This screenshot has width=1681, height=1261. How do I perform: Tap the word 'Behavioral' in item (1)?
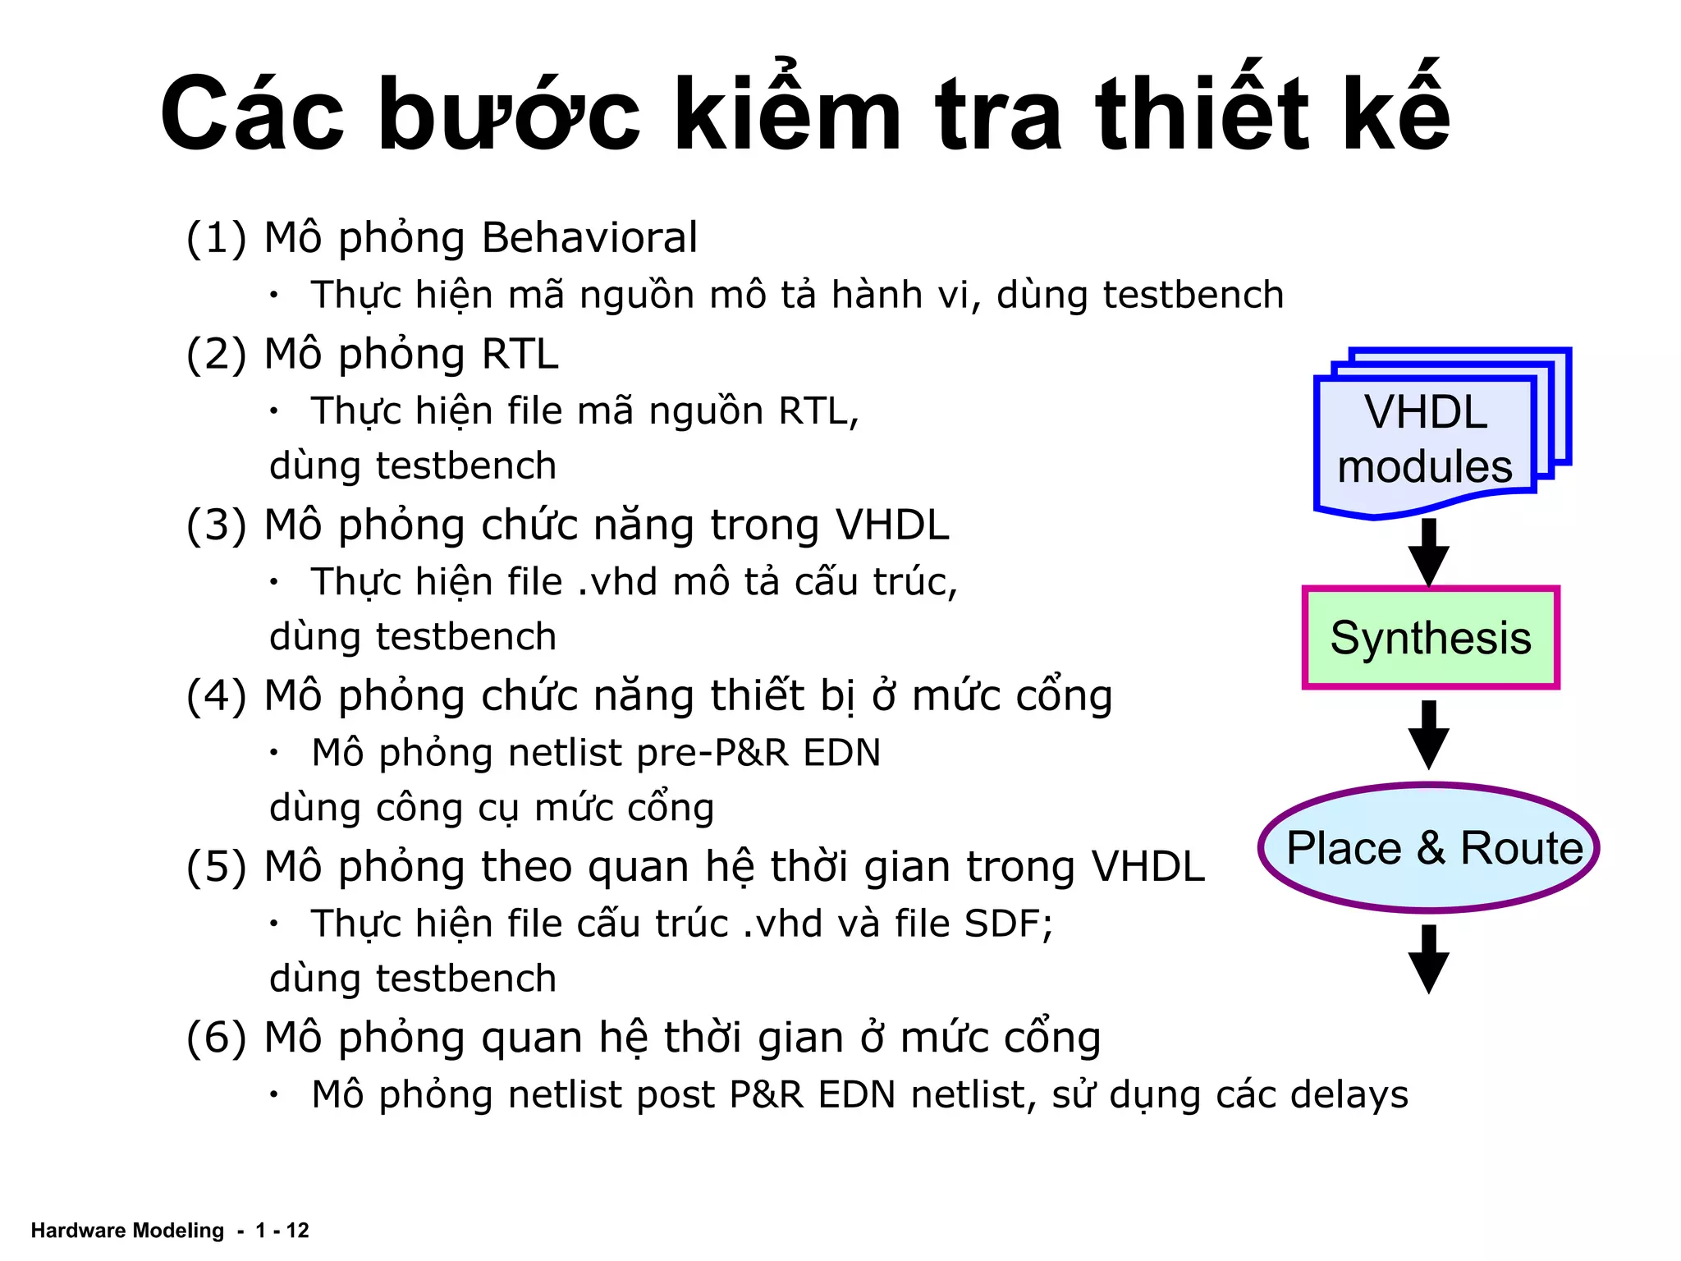click(589, 238)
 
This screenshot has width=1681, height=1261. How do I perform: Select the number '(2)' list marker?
click(216, 355)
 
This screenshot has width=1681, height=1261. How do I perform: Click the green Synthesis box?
click(1430, 638)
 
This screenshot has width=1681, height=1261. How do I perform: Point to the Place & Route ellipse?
click(1430, 848)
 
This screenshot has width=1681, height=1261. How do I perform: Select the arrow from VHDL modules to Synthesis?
click(1429, 552)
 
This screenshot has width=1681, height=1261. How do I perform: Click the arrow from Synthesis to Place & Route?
click(1429, 734)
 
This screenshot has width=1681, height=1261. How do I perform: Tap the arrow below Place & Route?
click(1429, 958)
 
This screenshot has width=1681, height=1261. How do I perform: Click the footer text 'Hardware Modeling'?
click(127, 1231)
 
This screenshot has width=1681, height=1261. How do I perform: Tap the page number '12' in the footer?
click(297, 1231)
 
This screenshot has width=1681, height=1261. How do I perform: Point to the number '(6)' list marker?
click(216, 1039)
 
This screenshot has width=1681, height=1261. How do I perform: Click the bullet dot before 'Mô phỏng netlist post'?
click(275, 1094)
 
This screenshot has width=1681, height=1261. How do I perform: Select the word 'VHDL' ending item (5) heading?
click(1147, 867)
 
